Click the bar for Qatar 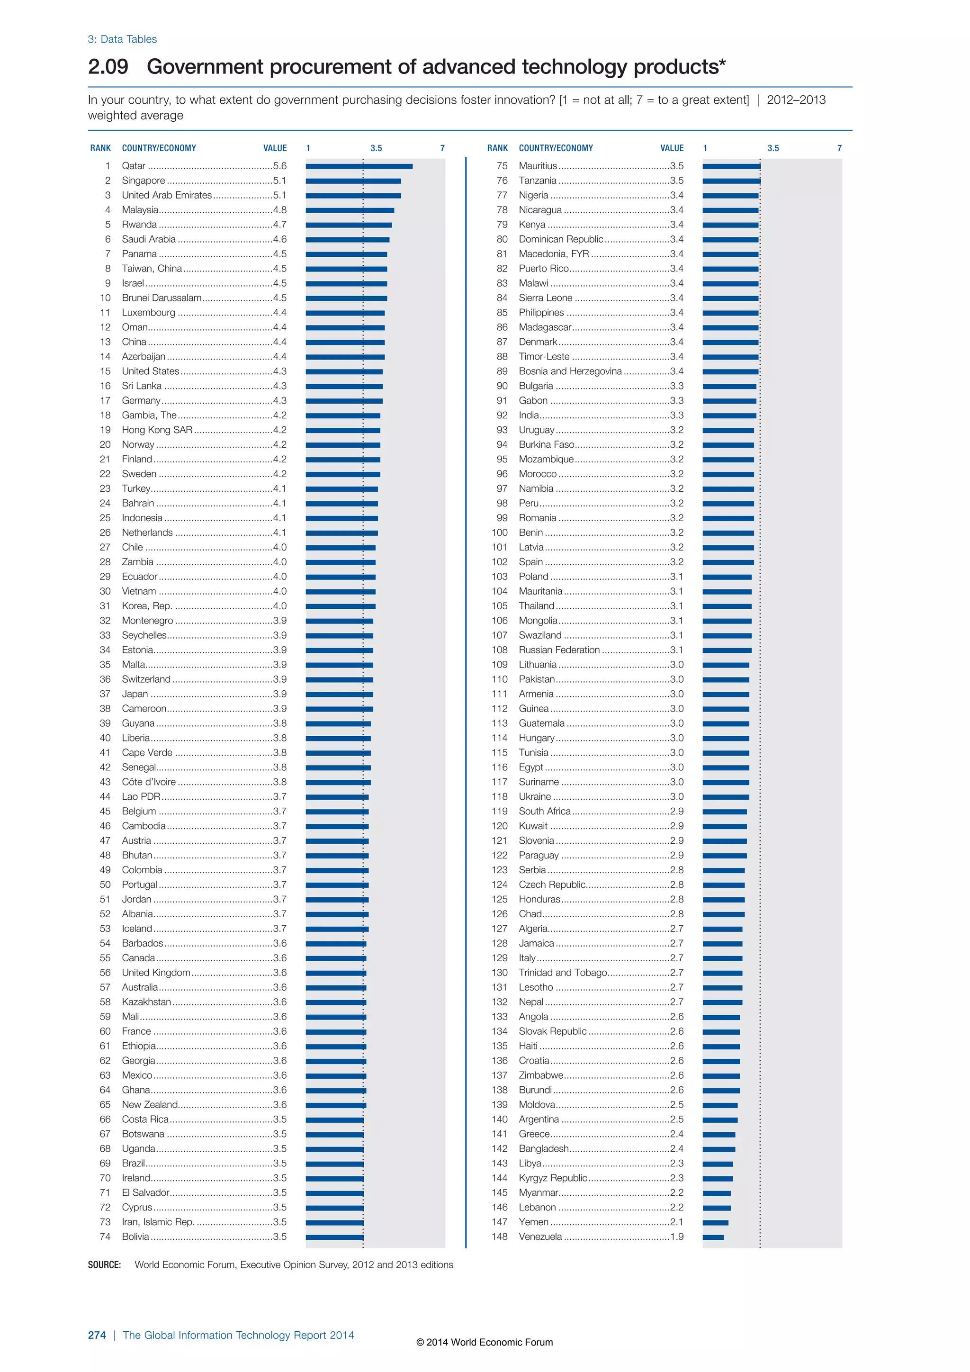pyautogui.click(x=359, y=166)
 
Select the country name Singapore pyautogui.click(x=144, y=181)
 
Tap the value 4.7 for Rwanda pyautogui.click(x=279, y=225)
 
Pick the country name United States pyautogui.click(x=151, y=371)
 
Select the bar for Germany pyautogui.click(x=344, y=401)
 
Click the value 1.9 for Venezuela pyautogui.click(x=677, y=1237)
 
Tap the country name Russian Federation pyautogui.click(x=559, y=650)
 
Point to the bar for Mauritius pyautogui.click(x=731, y=166)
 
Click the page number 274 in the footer pyautogui.click(x=97, y=1335)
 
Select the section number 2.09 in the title pyautogui.click(x=108, y=67)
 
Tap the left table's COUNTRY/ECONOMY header pyautogui.click(x=159, y=148)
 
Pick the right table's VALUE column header pyautogui.click(x=672, y=148)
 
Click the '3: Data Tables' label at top pyautogui.click(x=123, y=39)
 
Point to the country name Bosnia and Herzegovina pyautogui.click(x=570, y=371)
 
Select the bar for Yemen pyautogui.click(x=715, y=1223)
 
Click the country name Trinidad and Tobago pyautogui.click(x=563, y=973)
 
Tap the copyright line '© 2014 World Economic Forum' pyautogui.click(x=485, y=1342)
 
